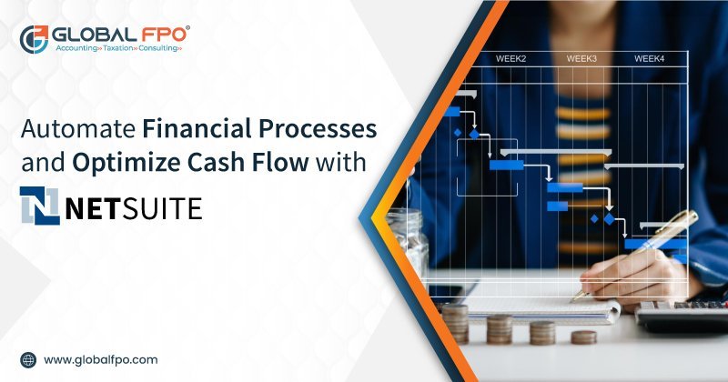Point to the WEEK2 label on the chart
[511, 59]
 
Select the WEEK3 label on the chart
[581, 59]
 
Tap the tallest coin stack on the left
[454, 322]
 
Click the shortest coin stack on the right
[583, 336]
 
